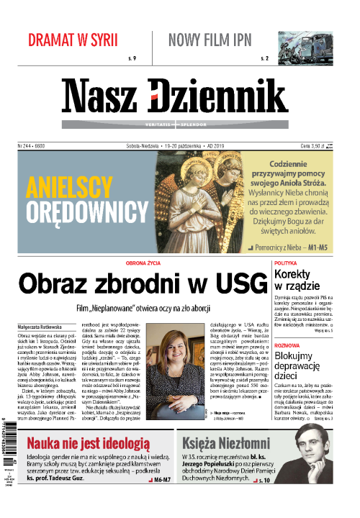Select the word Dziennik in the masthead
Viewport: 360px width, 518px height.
tap(224, 94)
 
